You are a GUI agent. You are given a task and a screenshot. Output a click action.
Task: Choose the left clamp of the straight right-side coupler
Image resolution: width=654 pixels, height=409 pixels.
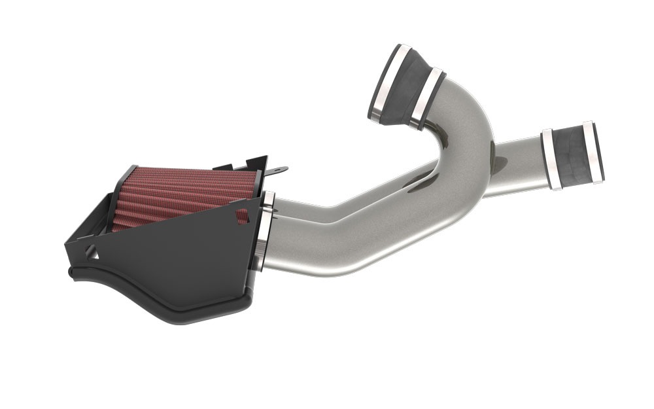pos(551,160)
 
